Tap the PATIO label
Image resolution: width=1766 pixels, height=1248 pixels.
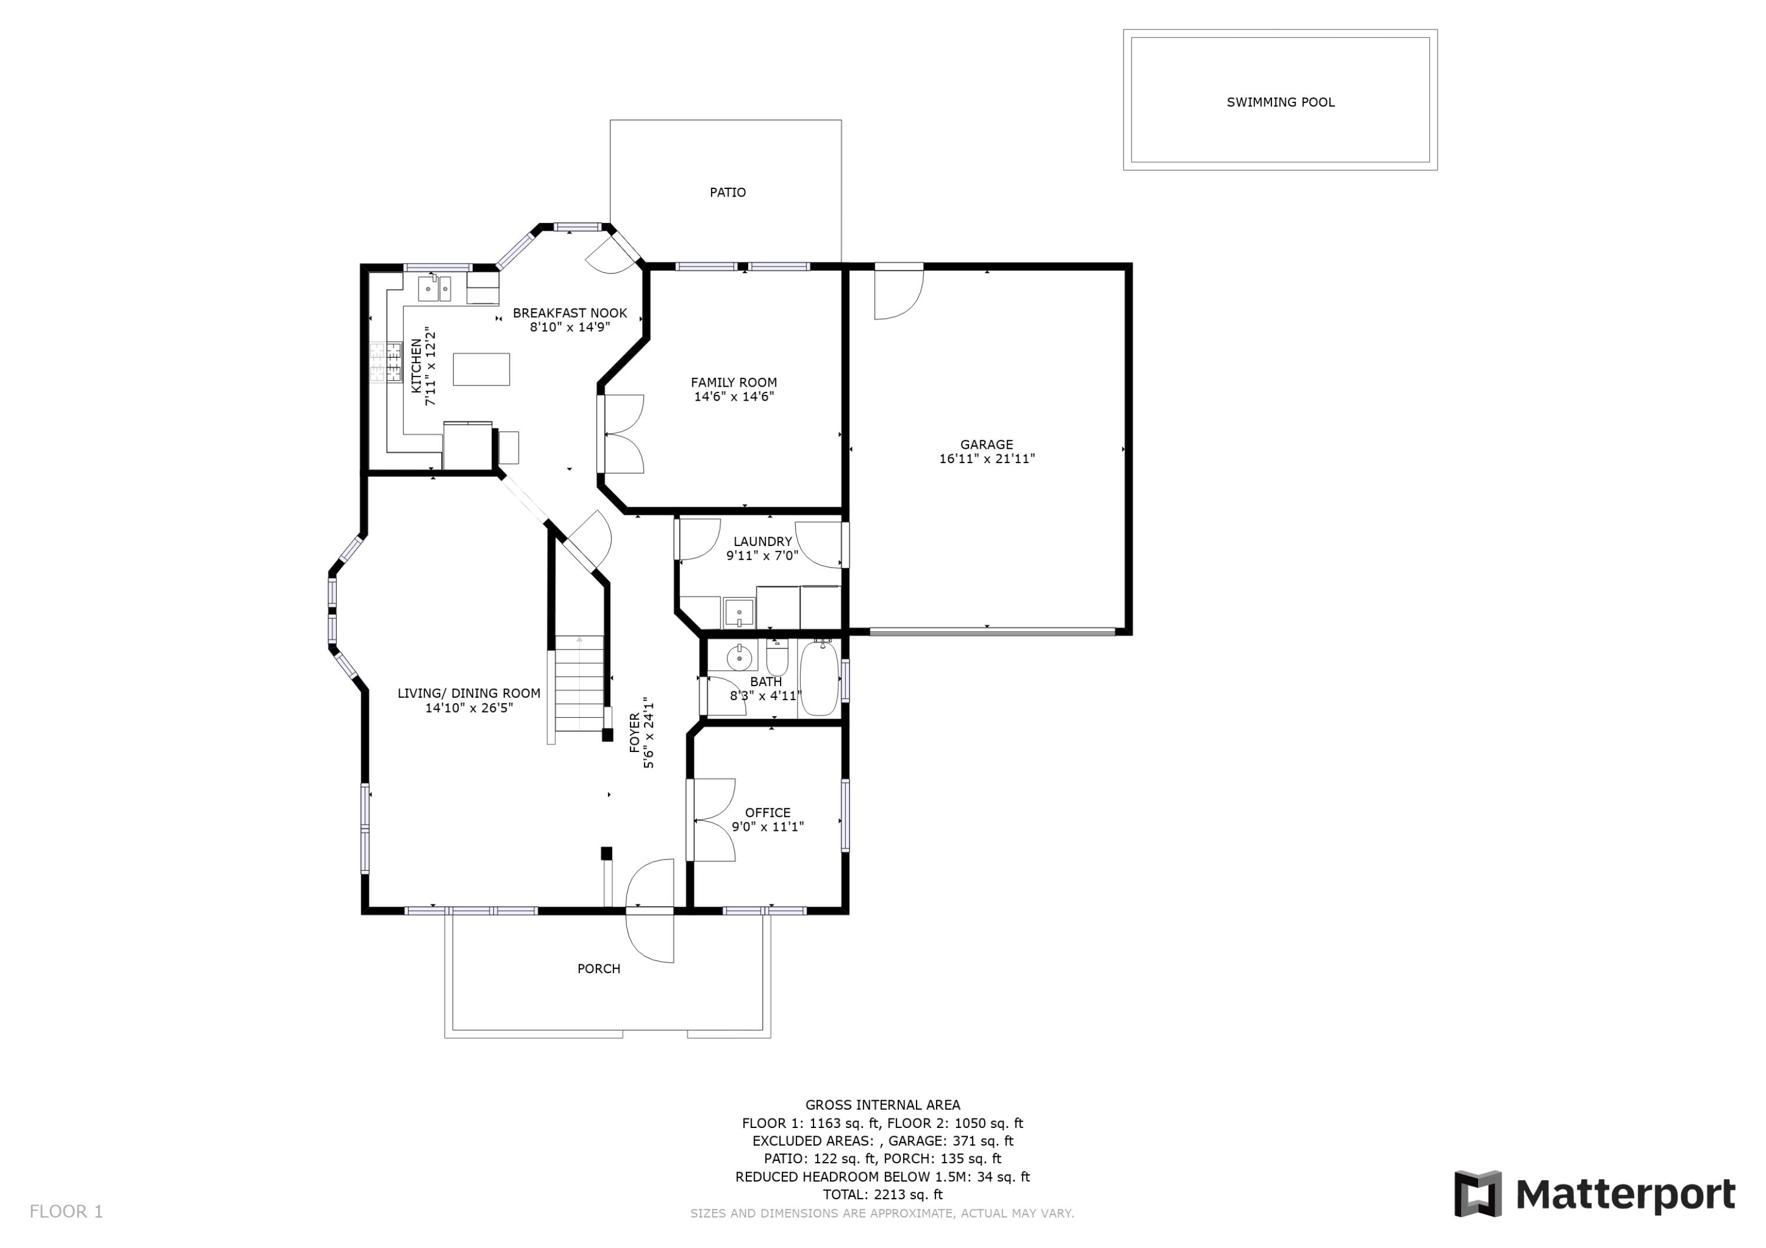point(727,192)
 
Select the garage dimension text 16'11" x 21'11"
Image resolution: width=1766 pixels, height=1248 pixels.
point(987,459)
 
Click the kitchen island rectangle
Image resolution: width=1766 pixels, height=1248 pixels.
point(481,369)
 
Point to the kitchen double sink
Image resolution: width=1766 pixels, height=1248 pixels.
point(434,289)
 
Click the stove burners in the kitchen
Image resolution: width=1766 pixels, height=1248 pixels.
point(386,363)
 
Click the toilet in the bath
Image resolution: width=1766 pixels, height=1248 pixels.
point(777,657)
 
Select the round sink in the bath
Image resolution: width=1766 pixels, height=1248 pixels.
point(739,657)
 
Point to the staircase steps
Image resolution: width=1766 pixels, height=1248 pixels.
point(579,684)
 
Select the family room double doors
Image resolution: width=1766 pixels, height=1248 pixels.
point(623,434)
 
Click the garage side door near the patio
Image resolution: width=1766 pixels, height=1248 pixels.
point(898,292)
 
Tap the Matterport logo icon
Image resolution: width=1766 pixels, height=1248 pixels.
point(1477,1194)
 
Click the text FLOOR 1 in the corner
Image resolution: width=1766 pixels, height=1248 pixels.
point(66,1212)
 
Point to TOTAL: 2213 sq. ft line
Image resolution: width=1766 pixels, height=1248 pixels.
point(882,1194)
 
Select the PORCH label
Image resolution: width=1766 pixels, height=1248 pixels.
point(599,969)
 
